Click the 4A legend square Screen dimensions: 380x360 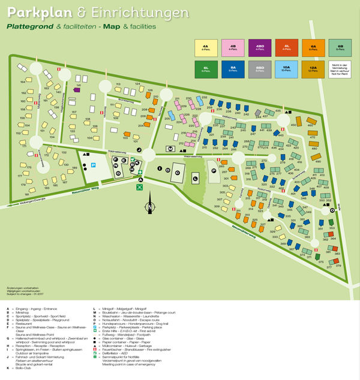tap(205, 47)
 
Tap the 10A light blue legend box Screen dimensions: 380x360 tap(286, 70)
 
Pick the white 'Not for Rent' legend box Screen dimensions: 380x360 tap(340, 70)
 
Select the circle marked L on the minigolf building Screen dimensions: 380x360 tap(196, 179)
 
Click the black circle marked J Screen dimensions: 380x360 tap(139, 149)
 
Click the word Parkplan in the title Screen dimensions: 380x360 tap(34, 13)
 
